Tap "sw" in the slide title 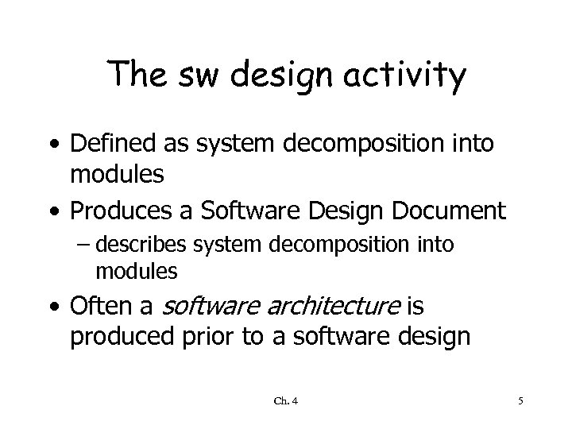[186, 76]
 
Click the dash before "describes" [102, 245]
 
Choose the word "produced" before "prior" [117, 337]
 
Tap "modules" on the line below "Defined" [117, 176]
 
